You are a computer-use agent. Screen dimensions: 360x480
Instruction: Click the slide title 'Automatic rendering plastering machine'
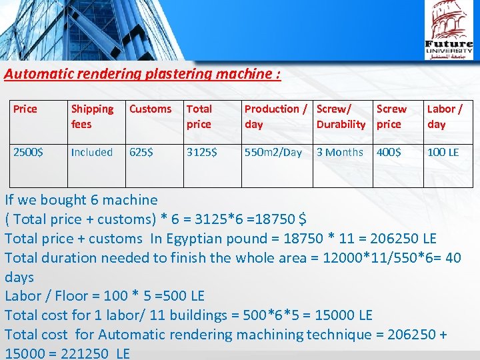[x=142, y=73]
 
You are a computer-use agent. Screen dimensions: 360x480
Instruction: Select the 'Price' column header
[x=25, y=109]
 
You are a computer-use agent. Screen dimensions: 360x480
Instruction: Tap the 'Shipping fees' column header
[x=92, y=116]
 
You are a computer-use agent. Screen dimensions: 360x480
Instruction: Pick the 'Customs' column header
[x=150, y=109]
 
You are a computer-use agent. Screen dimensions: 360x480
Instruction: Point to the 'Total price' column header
[x=199, y=116]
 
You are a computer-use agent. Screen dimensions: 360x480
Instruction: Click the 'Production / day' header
[x=276, y=116]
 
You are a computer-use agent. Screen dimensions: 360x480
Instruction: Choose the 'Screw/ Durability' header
[x=341, y=116]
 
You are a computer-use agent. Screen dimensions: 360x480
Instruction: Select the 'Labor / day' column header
[x=444, y=116]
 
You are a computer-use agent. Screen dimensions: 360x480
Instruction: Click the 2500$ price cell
[x=29, y=152]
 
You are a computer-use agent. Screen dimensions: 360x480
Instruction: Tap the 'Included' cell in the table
[x=92, y=152]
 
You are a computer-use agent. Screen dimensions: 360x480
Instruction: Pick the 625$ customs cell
[x=141, y=152]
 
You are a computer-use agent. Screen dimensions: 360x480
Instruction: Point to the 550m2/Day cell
[x=273, y=152]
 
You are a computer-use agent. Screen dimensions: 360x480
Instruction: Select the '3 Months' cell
[x=340, y=152]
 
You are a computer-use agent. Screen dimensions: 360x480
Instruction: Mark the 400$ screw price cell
[x=389, y=152]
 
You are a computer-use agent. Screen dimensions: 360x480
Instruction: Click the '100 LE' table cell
[x=443, y=152]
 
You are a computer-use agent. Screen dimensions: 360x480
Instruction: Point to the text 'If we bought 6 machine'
[x=81, y=199]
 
